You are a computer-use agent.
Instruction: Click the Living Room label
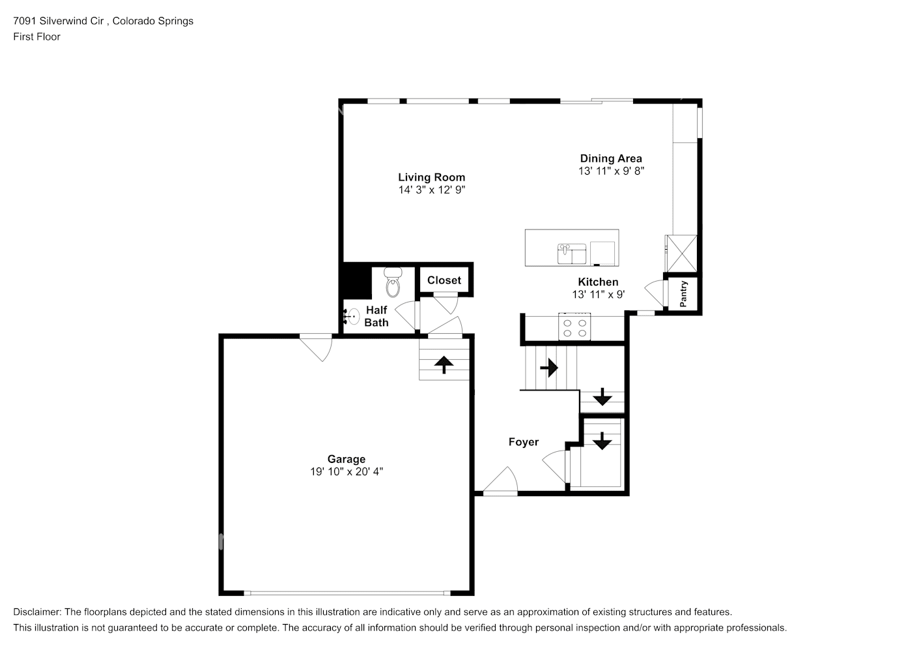[431, 177]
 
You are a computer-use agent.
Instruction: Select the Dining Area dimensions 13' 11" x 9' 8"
[611, 171]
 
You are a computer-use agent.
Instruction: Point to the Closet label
[444, 280]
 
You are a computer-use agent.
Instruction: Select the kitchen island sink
[572, 253]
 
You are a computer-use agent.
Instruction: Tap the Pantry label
[683, 294]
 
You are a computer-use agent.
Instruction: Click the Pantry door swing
[654, 291]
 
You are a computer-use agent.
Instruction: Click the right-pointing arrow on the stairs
[549, 368]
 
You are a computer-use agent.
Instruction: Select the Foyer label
[524, 442]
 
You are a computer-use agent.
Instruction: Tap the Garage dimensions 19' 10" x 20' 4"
[347, 472]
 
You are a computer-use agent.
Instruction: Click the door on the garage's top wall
[318, 346]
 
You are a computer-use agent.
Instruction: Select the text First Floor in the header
[36, 37]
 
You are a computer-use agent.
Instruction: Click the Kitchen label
[598, 282]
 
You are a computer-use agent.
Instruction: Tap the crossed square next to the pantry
[681, 252]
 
